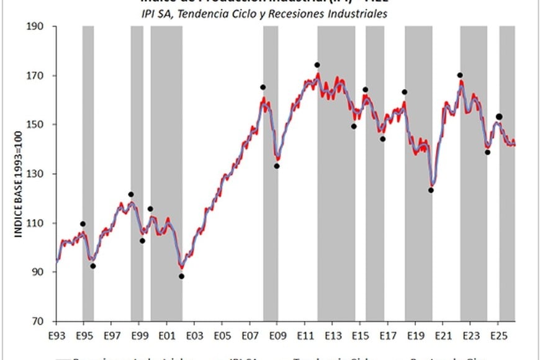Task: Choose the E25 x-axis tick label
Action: click(x=497, y=335)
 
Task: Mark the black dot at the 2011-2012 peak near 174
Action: click(x=317, y=65)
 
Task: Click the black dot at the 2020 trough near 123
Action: click(x=431, y=191)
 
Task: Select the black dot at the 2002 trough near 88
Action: click(x=182, y=276)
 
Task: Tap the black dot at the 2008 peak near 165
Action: click(x=263, y=88)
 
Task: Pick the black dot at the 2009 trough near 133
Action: click(x=277, y=166)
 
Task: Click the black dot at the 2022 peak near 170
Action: click(x=460, y=75)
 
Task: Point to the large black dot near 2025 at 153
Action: click(x=499, y=117)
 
